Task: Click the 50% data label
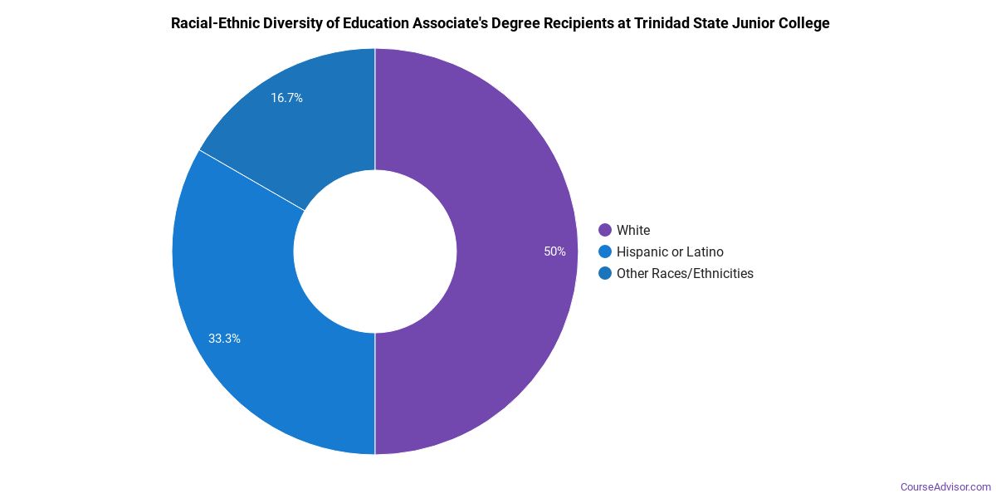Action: tap(554, 251)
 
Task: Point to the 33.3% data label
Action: tap(224, 339)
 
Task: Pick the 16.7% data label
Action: tap(286, 98)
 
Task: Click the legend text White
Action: tap(633, 230)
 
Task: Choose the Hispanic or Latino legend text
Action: tap(670, 251)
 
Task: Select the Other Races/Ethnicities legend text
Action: tap(685, 273)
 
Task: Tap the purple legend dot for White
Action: tap(605, 230)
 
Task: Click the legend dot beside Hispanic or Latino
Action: tap(605, 251)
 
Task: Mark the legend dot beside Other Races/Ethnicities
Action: tap(605, 273)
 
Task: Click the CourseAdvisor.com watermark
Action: tap(945, 486)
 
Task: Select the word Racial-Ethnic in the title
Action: tap(212, 23)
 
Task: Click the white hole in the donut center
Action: tap(375, 251)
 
